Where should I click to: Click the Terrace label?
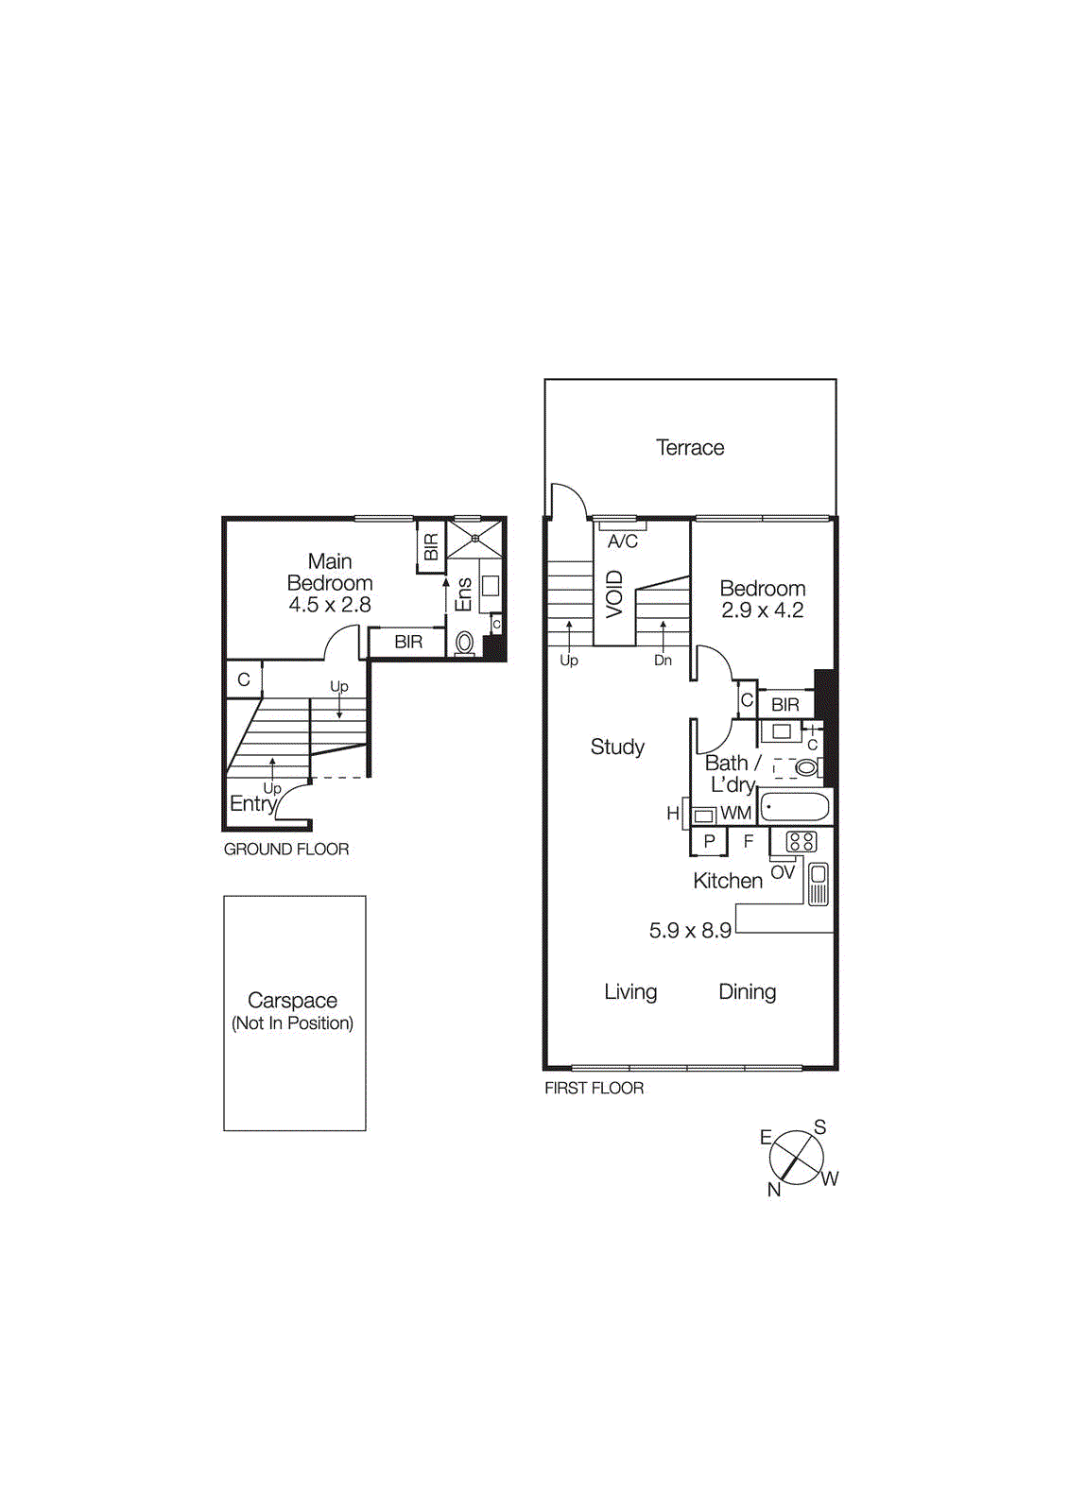pos(690,448)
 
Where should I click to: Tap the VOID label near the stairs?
pos(614,594)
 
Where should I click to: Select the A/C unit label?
pos(623,541)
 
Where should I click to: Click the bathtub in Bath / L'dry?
pos(795,808)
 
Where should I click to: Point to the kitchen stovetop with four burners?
pos(801,841)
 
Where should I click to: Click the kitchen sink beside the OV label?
pos(819,885)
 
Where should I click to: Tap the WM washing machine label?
pos(735,813)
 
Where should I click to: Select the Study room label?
pos(617,747)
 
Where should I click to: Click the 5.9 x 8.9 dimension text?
pos(690,931)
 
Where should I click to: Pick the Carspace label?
pos(292,1000)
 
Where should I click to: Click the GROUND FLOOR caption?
pos(286,850)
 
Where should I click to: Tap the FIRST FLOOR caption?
pos(594,1089)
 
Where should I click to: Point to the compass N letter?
pos(774,1190)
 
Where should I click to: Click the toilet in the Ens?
pos(464,644)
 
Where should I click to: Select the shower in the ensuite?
pos(474,539)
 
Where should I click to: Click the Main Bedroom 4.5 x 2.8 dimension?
pos(330,605)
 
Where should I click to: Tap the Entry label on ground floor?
pos(252,804)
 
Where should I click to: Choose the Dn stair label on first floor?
pos(663,661)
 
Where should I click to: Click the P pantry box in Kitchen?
pos(709,841)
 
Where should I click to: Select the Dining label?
pos(747,992)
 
